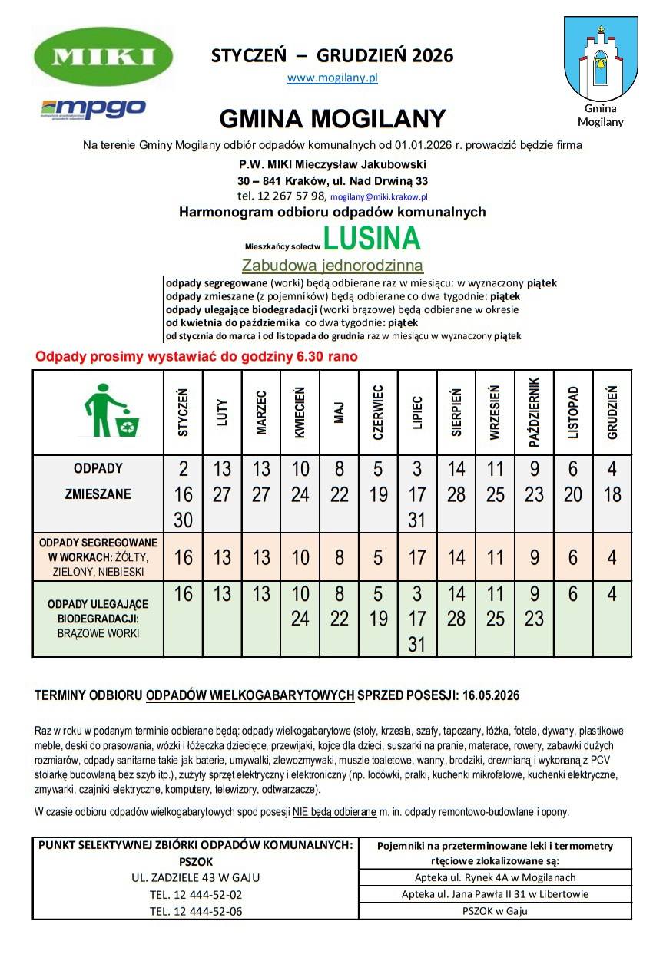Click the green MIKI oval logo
pyautogui.click(x=104, y=57)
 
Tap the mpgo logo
pyautogui.click(x=93, y=108)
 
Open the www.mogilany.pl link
pyautogui.click(x=333, y=78)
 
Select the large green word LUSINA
pyautogui.click(x=372, y=239)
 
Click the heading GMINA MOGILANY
pyautogui.click(x=333, y=119)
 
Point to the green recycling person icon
pyautogui.click(x=108, y=412)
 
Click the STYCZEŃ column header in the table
pyautogui.click(x=184, y=413)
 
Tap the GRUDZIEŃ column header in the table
pyautogui.click(x=612, y=413)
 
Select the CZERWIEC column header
pyautogui.click(x=378, y=413)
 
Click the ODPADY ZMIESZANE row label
pyautogui.click(x=98, y=482)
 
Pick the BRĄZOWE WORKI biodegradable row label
pyautogui.click(x=98, y=619)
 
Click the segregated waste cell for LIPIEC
pyautogui.click(x=417, y=557)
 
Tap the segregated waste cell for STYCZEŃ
pyautogui.click(x=184, y=557)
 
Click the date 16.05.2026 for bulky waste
pyautogui.click(x=491, y=695)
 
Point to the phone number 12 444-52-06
pyautogui.click(x=195, y=911)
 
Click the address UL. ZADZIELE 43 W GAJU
pyautogui.click(x=195, y=877)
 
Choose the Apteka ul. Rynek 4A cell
pyautogui.click(x=495, y=877)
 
